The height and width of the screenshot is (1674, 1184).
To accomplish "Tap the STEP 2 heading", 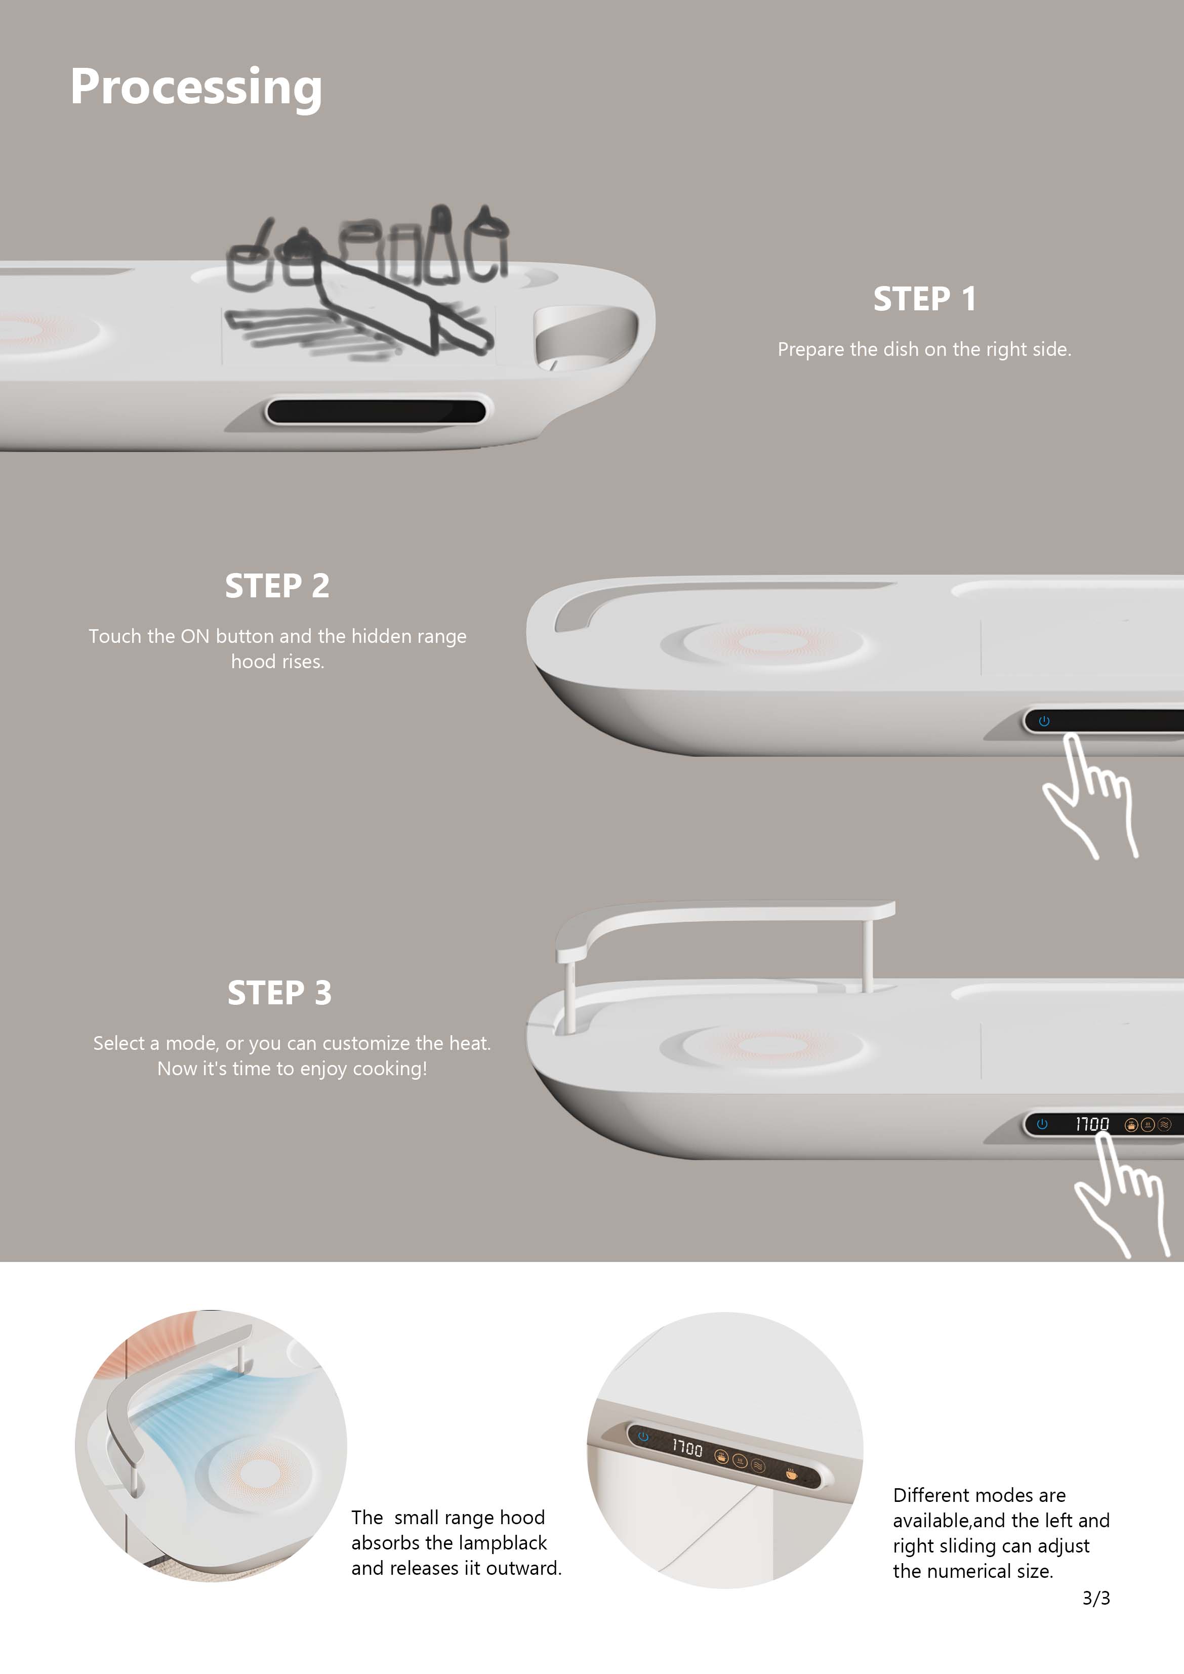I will point(277,586).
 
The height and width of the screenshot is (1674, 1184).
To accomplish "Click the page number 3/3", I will point(1096,1598).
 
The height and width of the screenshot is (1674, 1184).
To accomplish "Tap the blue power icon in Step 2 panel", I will point(1044,721).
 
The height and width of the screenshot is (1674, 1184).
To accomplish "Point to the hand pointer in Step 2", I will point(1090,798).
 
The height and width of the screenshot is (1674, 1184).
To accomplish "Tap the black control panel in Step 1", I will point(376,411).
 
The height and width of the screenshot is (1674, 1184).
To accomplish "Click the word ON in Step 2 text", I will point(195,636).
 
